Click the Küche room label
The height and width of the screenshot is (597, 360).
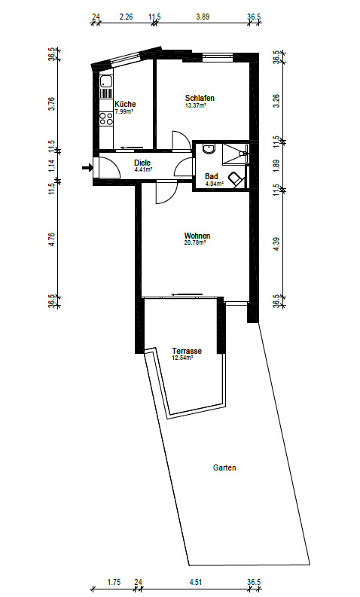pyautogui.click(x=125, y=104)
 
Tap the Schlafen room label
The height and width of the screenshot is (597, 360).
pyautogui.click(x=200, y=98)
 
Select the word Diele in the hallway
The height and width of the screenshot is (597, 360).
pyautogui.click(x=142, y=163)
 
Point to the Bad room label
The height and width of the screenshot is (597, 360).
pyautogui.click(x=212, y=176)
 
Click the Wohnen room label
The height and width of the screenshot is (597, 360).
pyautogui.click(x=197, y=236)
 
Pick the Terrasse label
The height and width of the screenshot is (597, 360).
pyautogui.click(x=187, y=351)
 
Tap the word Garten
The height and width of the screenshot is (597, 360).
pyautogui.click(x=224, y=468)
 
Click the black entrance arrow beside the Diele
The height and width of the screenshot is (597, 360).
pyautogui.click(x=87, y=167)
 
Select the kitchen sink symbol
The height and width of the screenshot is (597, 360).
pyautogui.click(x=106, y=81)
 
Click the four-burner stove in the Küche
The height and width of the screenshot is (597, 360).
pyautogui.click(x=106, y=119)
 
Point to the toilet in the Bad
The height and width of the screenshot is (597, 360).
pyautogui.click(x=236, y=178)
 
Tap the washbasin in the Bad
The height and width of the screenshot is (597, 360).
pyautogui.click(x=209, y=148)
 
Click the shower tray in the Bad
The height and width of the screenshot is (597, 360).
pyautogui.click(x=236, y=154)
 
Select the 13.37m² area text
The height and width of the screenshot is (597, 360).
pyautogui.click(x=195, y=105)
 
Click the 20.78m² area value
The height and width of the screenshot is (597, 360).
pyautogui.click(x=195, y=242)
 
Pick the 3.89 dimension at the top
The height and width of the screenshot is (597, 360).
pyautogui.click(x=203, y=17)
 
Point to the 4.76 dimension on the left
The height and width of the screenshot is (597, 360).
pyautogui.click(x=52, y=239)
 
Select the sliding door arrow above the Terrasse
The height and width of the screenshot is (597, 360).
pyautogui.click(x=187, y=294)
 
